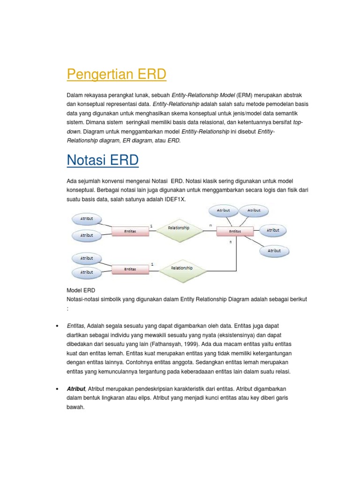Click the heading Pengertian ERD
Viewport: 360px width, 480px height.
coord(116,74)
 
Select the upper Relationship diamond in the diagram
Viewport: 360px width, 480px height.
coord(179,228)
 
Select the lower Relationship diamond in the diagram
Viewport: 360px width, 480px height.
coord(181,268)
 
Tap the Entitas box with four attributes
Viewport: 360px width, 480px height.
coord(235,231)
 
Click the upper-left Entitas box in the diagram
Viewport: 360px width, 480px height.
coord(130,231)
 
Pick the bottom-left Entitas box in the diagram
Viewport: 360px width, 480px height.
coord(130,269)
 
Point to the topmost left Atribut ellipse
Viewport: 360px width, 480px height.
coord(87,218)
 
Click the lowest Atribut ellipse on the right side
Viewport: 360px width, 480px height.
coord(274,251)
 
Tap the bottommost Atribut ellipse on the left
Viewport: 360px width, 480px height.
coord(87,272)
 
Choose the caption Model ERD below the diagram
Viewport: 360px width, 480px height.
coord(81,291)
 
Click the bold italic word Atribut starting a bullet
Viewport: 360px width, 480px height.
coord(76,389)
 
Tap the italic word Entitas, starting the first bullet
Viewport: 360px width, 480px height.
coord(75,326)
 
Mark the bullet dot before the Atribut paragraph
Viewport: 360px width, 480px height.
coord(56,389)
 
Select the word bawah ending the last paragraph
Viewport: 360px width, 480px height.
coord(75,407)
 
